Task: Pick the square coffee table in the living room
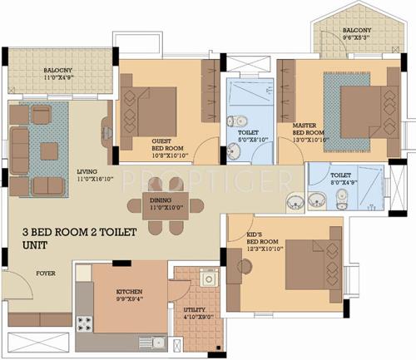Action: click(x=49, y=150)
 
